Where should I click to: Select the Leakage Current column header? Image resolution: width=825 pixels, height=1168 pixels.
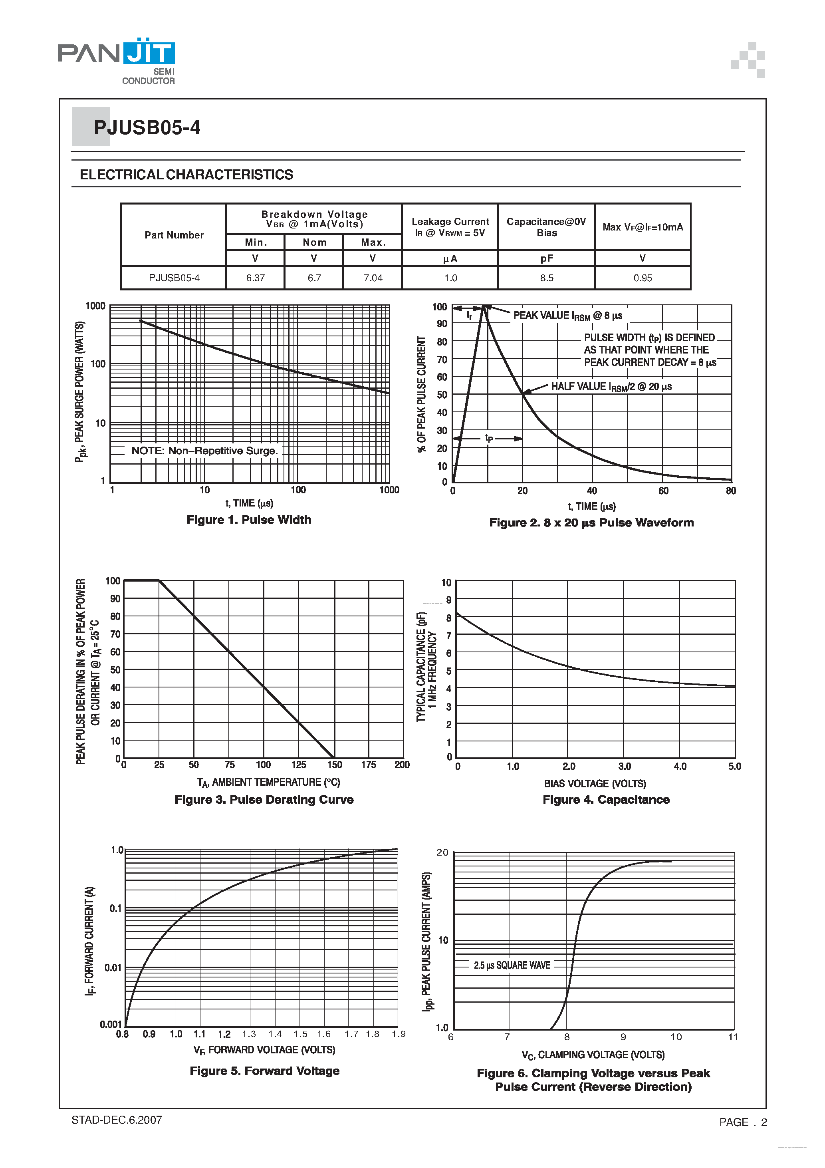pos(450,227)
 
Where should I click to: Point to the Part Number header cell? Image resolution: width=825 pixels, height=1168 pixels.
pos(174,235)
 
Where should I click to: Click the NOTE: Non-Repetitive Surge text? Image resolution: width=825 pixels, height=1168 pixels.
pos(204,451)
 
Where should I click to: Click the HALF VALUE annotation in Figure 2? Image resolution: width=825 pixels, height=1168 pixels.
pos(611,387)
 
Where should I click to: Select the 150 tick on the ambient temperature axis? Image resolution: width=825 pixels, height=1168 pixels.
pos(334,765)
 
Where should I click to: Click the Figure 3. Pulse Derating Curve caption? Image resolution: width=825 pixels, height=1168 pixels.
pos(264,800)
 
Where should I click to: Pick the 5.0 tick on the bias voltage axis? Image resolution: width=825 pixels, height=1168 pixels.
pos(734,767)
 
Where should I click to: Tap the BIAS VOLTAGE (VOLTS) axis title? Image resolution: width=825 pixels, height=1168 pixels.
pos(595,783)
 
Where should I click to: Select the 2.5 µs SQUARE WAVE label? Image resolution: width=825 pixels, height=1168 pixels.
pos(512,965)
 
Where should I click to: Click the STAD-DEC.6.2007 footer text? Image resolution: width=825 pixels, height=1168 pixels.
pos(117,1120)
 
